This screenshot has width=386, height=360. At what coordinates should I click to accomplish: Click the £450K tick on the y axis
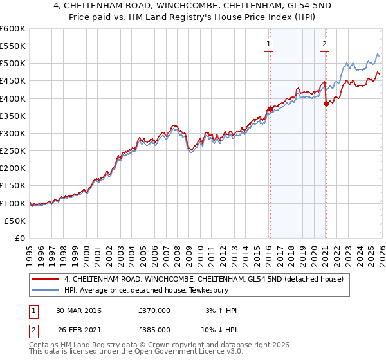click(x=13, y=81)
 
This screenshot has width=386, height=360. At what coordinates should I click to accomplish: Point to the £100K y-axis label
click(x=13, y=203)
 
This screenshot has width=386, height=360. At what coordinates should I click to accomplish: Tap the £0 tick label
click(x=20, y=238)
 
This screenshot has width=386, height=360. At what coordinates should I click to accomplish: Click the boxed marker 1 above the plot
click(x=268, y=44)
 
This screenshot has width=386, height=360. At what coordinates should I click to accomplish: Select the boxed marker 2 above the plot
click(x=324, y=44)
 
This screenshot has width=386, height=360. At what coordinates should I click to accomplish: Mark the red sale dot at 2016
click(x=270, y=109)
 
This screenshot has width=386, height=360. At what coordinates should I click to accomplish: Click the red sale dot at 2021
click(x=326, y=104)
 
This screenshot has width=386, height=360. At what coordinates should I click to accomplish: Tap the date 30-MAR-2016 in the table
click(x=78, y=310)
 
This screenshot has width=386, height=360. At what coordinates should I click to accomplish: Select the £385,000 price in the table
click(x=154, y=330)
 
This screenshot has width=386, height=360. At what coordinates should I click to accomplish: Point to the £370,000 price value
click(x=154, y=310)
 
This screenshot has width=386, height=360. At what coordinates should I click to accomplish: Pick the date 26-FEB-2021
click(x=78, y=330)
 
